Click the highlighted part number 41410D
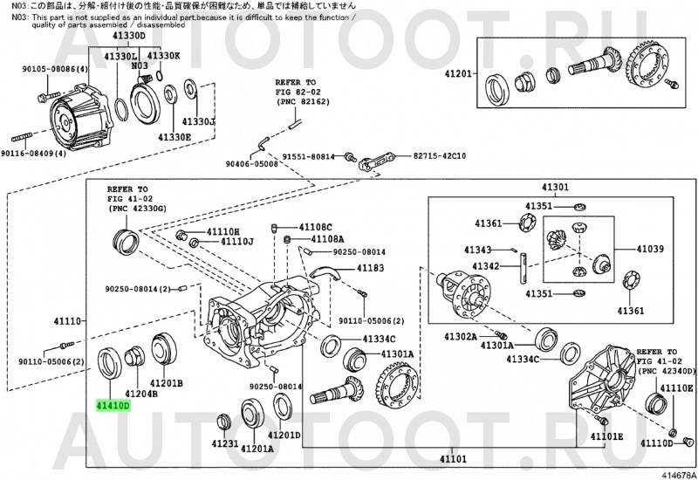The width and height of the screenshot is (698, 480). [113, 406]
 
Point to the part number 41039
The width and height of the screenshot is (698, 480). [650, 249]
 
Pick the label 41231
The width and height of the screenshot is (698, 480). [224, 444]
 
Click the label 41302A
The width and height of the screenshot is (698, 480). [460, 335]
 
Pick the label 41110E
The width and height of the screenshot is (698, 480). [676, 387]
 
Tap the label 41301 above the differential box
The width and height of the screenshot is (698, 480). [554, 187]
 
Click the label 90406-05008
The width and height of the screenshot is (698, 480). [251, 163]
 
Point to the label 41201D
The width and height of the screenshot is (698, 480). [284, 435]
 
